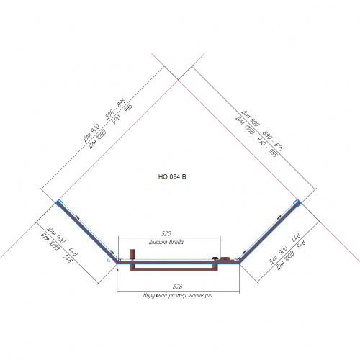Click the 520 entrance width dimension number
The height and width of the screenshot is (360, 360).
pos(166,234)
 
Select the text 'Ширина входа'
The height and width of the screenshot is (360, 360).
pos(166,242)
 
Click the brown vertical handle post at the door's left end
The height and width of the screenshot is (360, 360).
pos(131,256)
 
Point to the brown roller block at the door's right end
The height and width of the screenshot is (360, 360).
pos(225,258)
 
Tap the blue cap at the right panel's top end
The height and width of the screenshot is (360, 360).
pos(297,202)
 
